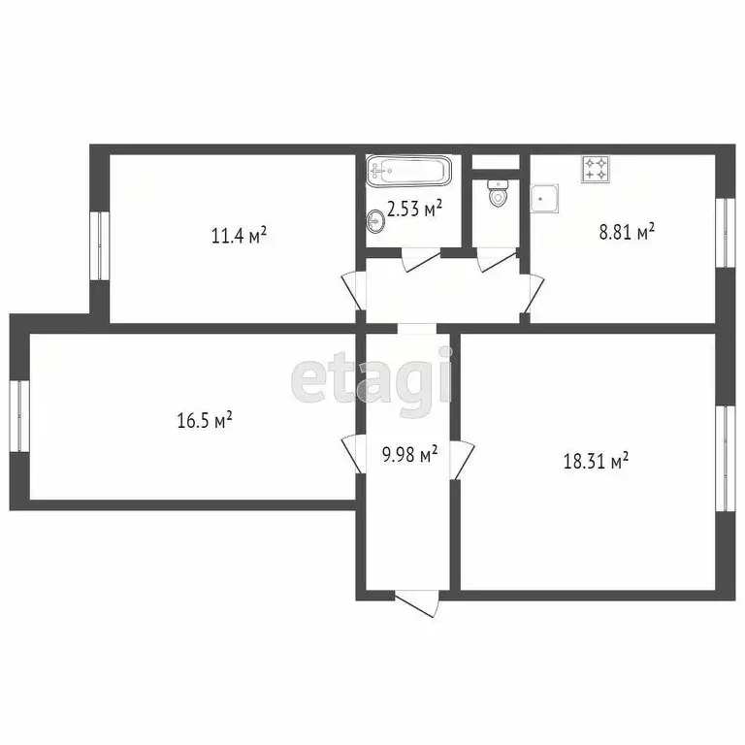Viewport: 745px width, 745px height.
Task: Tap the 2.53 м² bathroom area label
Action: pos(414,207)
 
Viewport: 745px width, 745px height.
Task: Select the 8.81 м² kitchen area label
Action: pos(626,231)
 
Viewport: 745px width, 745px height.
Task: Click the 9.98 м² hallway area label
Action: pos(408,453)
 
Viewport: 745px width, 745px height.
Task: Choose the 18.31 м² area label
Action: pos(596,461)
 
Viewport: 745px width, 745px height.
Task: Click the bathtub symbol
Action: pos(409,173)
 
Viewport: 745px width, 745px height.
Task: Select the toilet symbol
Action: pos(499,194)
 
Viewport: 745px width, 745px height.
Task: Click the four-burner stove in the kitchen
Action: pos(596,170)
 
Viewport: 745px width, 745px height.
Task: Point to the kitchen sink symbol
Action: pos(546,199)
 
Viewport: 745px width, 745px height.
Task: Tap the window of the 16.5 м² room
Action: pos(18,415)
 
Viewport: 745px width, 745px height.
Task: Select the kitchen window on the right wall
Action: pos(722,231)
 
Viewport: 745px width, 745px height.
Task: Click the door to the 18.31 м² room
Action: pos(462,456)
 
